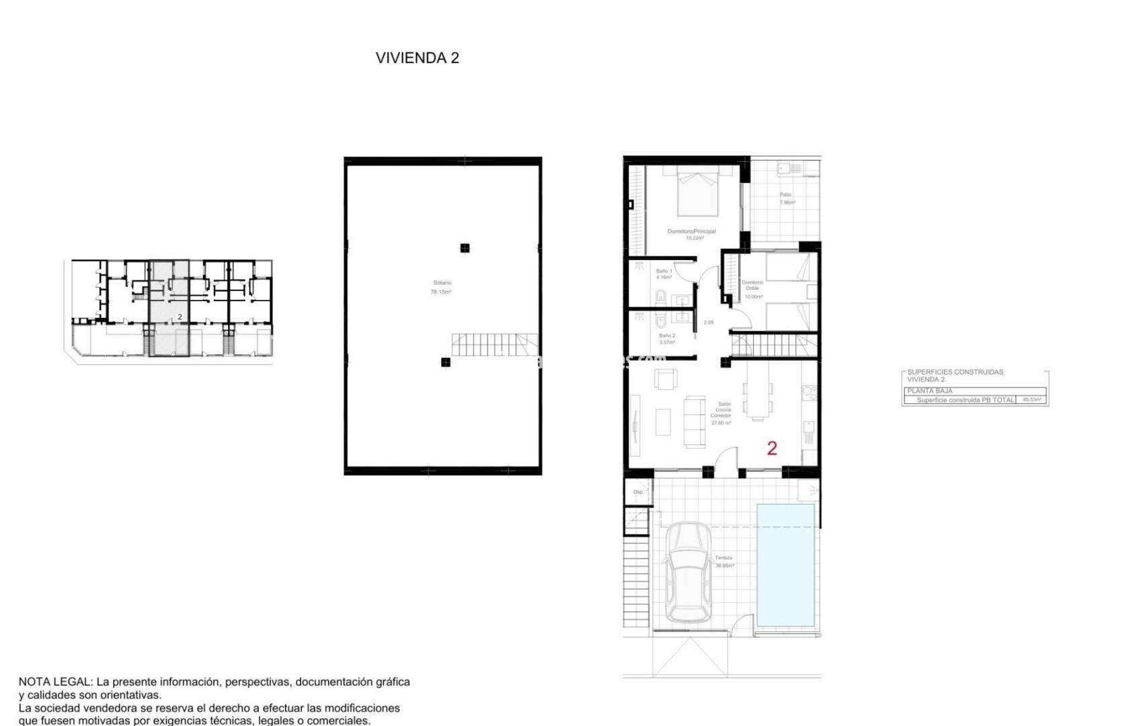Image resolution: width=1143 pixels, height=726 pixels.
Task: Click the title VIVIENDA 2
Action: point(417,58)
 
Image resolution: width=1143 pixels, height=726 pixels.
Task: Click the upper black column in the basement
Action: point(465,248)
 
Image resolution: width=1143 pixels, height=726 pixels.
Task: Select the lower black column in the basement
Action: point(445,362)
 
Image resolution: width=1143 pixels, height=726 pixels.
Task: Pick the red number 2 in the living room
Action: point(772,448)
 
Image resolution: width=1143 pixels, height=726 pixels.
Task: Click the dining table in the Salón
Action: point(758,399)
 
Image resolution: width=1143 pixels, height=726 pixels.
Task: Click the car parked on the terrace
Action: point(688,571)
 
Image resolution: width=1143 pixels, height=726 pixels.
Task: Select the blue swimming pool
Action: point(785,565)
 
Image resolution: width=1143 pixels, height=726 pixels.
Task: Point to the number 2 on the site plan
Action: point(180,317)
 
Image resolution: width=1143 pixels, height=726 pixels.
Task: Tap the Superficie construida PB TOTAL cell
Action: point(965,400)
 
